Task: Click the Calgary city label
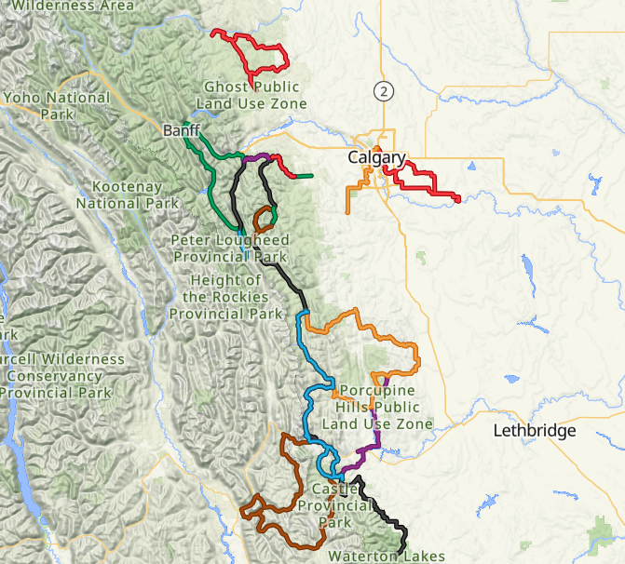coord(376,158)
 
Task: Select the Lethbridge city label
coord(535,431)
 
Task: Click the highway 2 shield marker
coord(382,90)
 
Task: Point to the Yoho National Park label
coord(57,104)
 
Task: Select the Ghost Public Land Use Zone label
coord(254,95)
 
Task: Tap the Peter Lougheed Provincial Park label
coord(228,248)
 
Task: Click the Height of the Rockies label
coord(224,297)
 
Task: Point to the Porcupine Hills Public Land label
coord(376,407)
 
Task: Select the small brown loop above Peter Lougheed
coord(263,219)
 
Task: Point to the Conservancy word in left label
coord(52,375)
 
